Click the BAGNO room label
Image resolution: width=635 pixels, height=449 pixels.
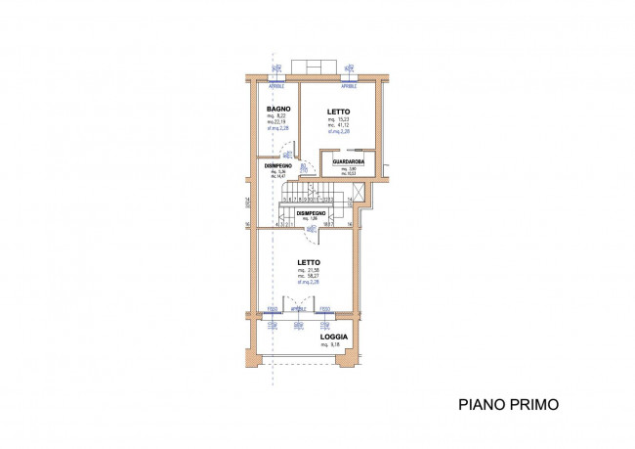(275, 108)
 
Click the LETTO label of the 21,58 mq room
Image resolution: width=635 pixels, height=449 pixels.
(310, 262)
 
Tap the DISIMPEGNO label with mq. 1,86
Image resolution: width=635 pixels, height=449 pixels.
(312, 212)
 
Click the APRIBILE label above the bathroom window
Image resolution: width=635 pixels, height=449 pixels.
(275, 85)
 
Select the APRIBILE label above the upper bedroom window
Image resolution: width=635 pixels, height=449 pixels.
(349, 85)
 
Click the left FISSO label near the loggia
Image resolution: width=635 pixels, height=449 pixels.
(272, 309)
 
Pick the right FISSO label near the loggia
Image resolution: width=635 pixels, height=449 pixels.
(324, 309)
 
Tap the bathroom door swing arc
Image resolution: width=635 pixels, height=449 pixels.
(285, 152)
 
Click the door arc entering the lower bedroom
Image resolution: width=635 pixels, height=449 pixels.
(312, 231)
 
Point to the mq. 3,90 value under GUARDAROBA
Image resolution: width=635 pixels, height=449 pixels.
(347, 168)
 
